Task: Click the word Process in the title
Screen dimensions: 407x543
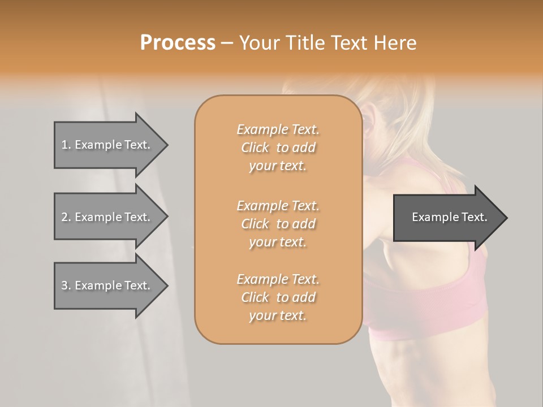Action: click(x=178, y=43)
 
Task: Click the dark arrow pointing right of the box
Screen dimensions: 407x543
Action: click(x=447, y=217)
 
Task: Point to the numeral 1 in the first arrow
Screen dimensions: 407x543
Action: click(x=64, y=145)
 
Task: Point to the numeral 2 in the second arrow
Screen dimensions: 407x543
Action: click(x=64, y=217)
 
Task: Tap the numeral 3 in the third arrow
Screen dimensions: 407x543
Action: click(x=64, y=285)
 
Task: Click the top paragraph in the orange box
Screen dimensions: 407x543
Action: click(x=278, y=148)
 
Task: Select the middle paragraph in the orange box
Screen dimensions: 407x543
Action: click(x=278, y=224)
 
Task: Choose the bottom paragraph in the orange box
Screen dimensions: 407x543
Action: click(x=278, y=297)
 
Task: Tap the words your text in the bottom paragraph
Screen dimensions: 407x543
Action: click(x=278, y=316)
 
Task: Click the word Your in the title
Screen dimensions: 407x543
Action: click(x=261, y=43)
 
